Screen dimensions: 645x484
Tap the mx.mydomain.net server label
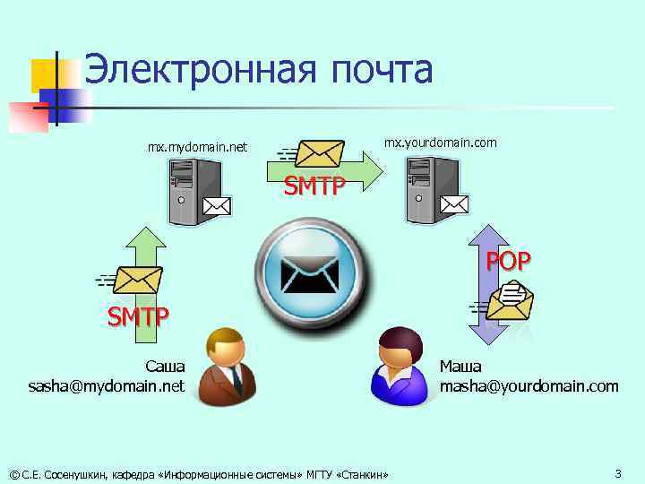[x=197, y=146]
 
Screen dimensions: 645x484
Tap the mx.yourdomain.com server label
[x=440, y=143]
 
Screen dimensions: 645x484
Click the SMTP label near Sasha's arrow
[x=137, y=316]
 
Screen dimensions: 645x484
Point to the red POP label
[x=508, y=261]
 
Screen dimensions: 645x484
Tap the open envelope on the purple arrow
[x=513, y=298]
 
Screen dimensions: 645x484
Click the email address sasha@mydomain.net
[x=107, y=386]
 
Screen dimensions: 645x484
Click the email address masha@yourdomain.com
[x=529, y=386]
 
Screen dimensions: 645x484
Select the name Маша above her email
[x=460, y=367]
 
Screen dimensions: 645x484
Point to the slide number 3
[x=617, y=472]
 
